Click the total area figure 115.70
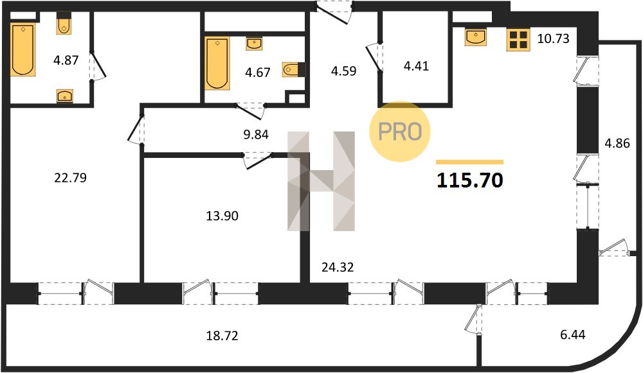coord(469,180)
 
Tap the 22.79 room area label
coord(71,178)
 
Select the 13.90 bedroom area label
coord(222,215)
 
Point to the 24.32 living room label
coord(338,267)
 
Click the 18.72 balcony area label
coord(222,336)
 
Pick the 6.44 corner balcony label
coord(573,334)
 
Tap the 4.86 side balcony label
coord(617,143)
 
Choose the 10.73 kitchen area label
coord(554,39)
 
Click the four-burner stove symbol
coord(518,40)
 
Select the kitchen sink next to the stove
coord(476,37)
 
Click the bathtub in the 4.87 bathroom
coord(23,50)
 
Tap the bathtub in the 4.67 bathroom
coord(217,64)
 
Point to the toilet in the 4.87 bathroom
coord(64,24)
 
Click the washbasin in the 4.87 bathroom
coord(65,96)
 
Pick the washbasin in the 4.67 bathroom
coord(254,44)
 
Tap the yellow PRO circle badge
coord(400,132)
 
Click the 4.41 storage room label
coord(416,65)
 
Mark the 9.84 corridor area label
coord(256,134)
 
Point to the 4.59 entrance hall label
coord(343,71)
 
